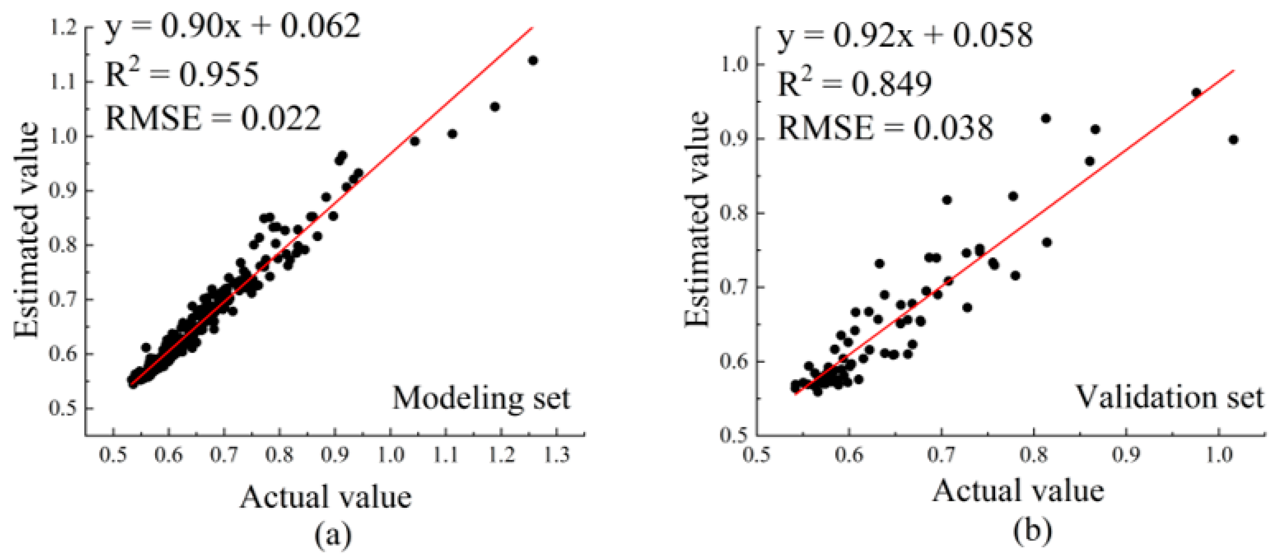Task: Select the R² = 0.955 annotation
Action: tap(182, 75)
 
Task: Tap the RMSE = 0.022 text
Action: tap(213, 119)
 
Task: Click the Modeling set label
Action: tap(481, 398)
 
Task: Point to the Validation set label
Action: tap(1169, 397)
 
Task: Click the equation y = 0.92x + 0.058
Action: tap(905, 35)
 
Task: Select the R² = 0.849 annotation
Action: tap(854, 84)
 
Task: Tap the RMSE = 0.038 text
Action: tap(885, 128)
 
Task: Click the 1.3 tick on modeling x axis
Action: tap(557, 454)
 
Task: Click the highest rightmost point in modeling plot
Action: tap(533, 61)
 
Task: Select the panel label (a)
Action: tap(333, 536)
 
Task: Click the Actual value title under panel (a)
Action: tap(326, 497)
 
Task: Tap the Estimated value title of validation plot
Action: tap(697, 219)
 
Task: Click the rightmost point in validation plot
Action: tap(1233, 140)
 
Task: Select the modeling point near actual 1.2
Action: tap(494, 107)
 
